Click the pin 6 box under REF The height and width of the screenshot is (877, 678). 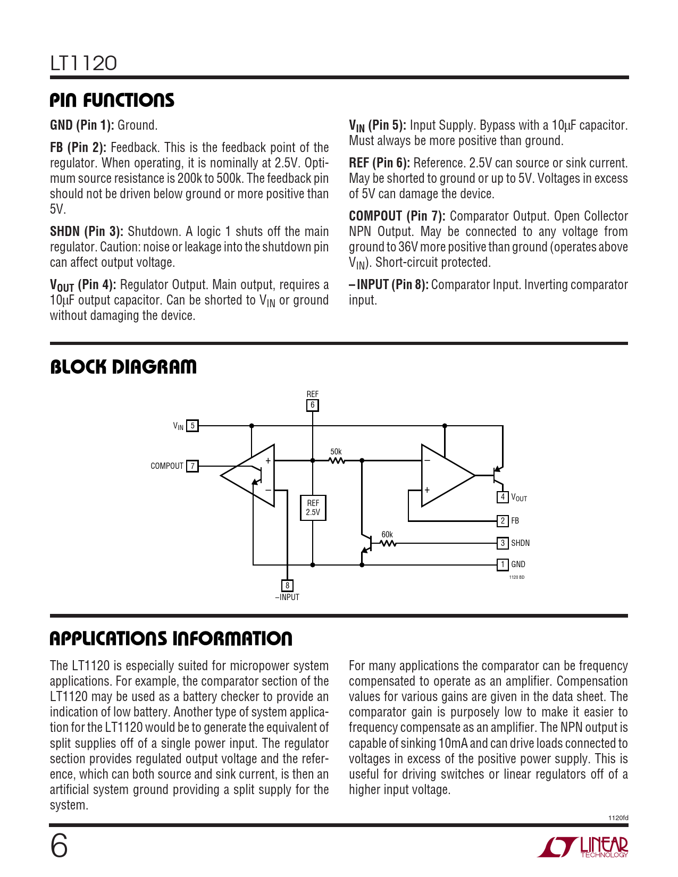coord(313,406)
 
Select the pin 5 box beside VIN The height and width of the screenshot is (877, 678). coord(192,426)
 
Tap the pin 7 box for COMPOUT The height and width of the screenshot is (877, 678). coord(192,466)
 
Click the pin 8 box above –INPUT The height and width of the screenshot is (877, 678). coord(287,586)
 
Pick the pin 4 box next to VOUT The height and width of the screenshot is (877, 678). coord(503,497)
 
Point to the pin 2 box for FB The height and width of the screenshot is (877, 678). coord(503,521)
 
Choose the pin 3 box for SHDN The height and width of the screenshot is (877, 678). coord(503,543)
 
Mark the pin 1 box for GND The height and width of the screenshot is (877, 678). coord(503,564)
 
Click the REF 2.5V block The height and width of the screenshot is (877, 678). coord(313,508)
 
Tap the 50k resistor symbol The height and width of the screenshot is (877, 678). coord(337,460)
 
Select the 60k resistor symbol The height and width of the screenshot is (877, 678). coord(388,543)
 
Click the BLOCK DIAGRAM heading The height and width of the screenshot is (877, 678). coord(123,367)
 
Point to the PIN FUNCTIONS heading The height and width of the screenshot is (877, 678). coord(112,100)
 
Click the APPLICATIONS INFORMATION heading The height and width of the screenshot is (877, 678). coord(171,638)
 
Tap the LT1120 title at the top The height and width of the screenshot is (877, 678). coord(83,63)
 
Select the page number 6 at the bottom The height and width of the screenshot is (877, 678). coord(59,846)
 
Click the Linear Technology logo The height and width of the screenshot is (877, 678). coord(583,847)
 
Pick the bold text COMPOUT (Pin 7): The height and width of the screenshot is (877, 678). coord(397,216)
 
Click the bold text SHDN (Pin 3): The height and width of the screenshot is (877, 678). coord(87,232)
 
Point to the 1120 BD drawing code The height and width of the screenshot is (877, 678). coord(517,577)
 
